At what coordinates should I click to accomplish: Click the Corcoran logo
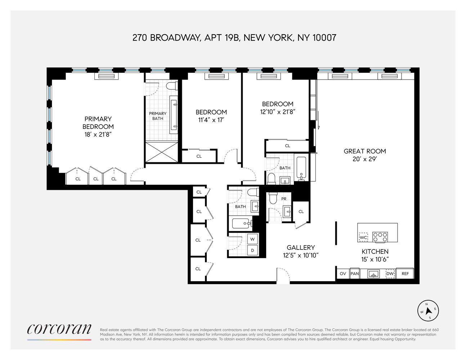click(x=59, y=329)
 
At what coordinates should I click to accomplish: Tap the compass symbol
click(x=429, y=310)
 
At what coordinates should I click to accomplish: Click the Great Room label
click(x=365, y=151)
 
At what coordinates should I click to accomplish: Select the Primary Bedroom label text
click(x=98, y=123)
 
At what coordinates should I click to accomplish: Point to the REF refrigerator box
click(x=405, y=274)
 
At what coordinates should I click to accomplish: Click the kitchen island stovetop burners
click(x=380, y=237)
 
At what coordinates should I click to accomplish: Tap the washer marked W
click(x=252, y=239)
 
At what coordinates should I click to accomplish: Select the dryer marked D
click(x=252, y=250)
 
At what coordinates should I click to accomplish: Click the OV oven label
click(x=343, y=274)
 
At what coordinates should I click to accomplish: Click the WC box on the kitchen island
click(x=364, y=237)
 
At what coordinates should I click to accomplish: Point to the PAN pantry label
click(x=355, y=274)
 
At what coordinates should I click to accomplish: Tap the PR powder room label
click(x=284, y=199)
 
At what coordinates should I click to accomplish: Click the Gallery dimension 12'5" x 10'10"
click(x=301, y=256)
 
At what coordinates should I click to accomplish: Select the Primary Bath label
click(x=158, y=116)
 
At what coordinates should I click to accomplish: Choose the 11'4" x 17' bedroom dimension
click(x=211, y=120)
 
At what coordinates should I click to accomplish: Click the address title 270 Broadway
click(x=234, y=37)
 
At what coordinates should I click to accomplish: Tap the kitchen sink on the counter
click(x=373, y=274)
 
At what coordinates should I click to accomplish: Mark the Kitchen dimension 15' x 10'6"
click(x=375, y=259)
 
